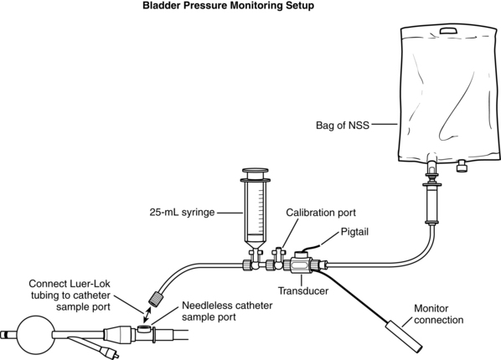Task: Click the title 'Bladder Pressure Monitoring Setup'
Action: pyautogui.click(x=228, y=6)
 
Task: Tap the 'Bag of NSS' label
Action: pyautogui.click(x=343, y=125)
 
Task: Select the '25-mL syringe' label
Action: pyautogui.click(x=182, y=213)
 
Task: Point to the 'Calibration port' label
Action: pyautogui.click(x=321, y=213)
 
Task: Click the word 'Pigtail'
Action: pyautogui.click(x=354, y=232)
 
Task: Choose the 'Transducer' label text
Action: pyautogui.click(x=303, y=291)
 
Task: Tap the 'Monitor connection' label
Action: pyautogui.click(x=438, y=314)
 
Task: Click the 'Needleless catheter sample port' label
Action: pyautogui.click(x=227, y=311)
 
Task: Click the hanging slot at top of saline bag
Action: pyautogui.click(x=448, y=31)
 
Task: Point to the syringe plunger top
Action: pyautogui.click(x=256, y=171)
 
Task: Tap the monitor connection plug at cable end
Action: pyautogui.click(x=404, y=337)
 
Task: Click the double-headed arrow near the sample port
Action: pyautogui.click(x=147, y=316)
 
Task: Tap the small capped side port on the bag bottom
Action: pyautogui.click(x=461, y=166)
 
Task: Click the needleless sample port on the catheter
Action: pyautogui.click(x=143, y=327)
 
